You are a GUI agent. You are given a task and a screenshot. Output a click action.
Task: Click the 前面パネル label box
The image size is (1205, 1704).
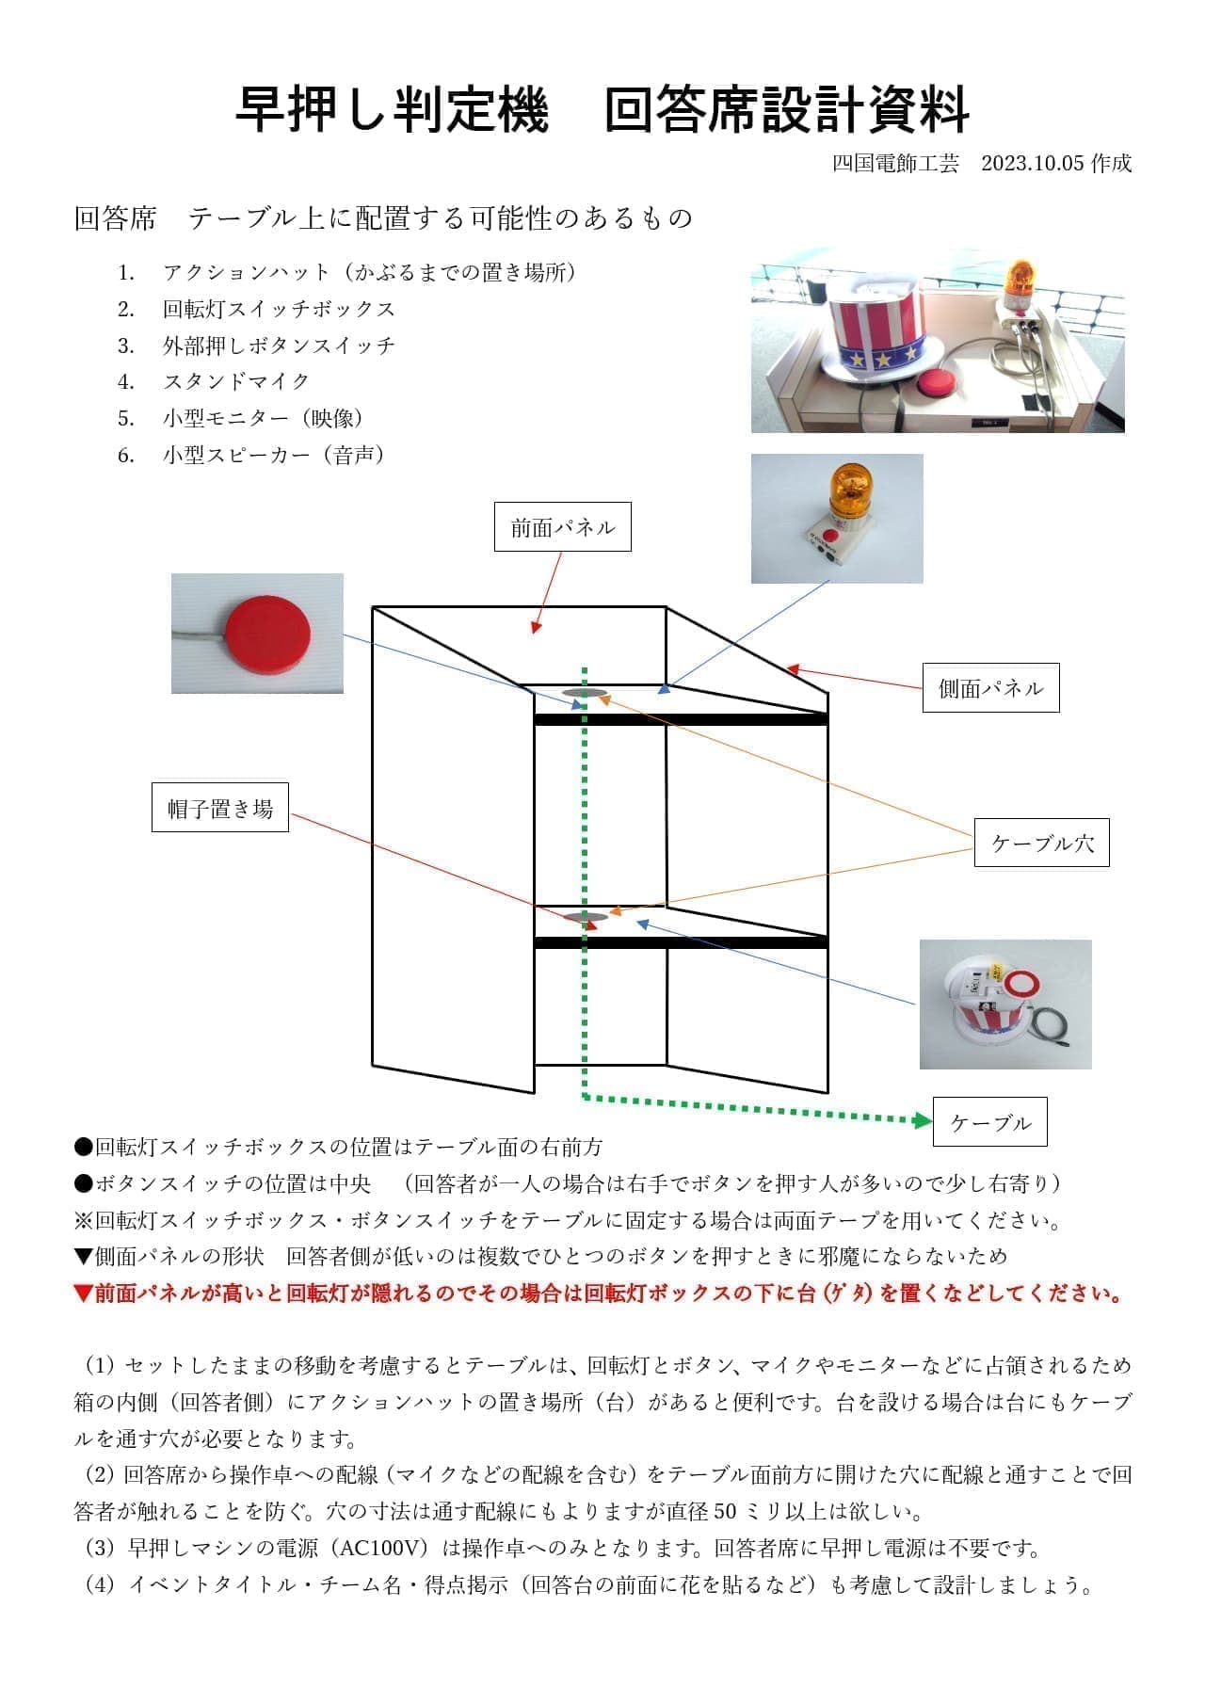click(562, 527)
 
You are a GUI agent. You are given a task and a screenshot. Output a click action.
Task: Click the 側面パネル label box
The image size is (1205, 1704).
click(990, 687)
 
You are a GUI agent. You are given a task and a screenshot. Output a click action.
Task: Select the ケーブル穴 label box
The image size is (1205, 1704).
click(1041, 843)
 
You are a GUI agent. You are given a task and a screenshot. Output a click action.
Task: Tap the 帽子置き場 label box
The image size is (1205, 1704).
click(220, 808)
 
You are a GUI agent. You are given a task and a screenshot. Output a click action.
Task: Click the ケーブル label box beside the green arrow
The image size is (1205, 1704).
click(989, 1122)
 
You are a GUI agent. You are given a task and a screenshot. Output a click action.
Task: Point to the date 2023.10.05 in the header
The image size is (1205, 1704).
click(1033, 163)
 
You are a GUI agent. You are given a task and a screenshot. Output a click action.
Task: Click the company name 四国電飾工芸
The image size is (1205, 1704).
click(895, 163)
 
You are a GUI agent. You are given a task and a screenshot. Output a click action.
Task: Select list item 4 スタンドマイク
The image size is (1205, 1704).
click(235, 381)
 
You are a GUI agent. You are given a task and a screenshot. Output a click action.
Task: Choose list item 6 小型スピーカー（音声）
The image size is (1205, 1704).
click(273, 456)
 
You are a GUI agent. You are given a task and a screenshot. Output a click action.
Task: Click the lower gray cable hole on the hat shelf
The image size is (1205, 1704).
click(584, 917)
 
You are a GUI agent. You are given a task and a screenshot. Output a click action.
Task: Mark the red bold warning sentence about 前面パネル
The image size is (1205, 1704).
click(599, 1294)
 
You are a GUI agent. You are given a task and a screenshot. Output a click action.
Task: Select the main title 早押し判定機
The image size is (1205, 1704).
click(391, 110)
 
